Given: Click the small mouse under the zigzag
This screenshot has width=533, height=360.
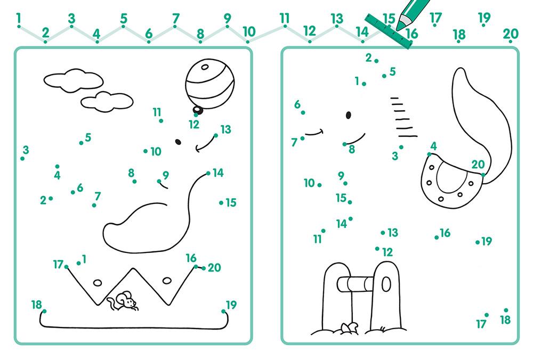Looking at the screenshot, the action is coord(123,301).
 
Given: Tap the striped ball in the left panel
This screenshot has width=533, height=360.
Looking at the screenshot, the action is coord(209,84).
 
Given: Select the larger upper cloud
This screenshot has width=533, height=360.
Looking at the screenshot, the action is coord(74,80).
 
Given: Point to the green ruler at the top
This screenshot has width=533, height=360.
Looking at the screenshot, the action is coord(388,31).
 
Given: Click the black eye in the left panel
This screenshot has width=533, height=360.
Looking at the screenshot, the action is coord(178,142).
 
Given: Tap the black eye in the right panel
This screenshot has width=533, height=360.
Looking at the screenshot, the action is coord(349,115).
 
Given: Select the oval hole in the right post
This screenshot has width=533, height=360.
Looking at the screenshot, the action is coord(386,284).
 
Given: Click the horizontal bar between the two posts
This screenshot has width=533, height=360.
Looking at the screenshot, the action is coord(356,284).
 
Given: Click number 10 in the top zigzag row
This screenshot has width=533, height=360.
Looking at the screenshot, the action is coord(249,31).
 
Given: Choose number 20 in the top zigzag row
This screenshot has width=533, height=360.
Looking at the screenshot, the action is coord(510,34).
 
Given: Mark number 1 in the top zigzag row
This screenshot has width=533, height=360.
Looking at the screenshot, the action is coord(18,18).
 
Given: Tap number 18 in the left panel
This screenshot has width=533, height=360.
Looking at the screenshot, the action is coord(36,305).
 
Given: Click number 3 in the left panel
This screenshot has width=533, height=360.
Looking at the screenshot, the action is coord(26,150).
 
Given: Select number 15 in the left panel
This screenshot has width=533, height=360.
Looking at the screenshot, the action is coord(231,203).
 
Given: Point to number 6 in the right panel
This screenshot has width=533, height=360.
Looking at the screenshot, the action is coord(297,104).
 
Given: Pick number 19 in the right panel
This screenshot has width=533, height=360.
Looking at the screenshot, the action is coord(487,241).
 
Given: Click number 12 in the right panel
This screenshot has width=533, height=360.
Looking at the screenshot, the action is coord(387,252).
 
